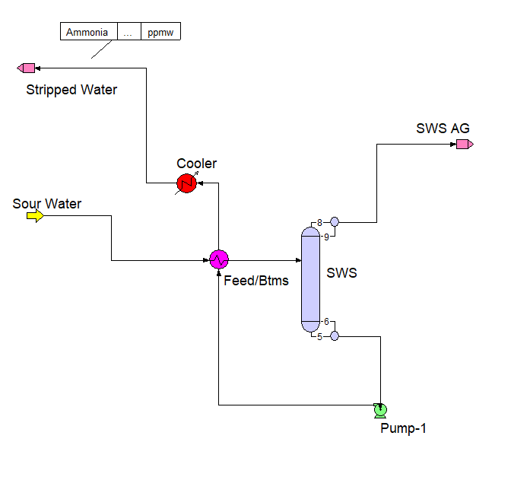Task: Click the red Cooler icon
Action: point(186,183)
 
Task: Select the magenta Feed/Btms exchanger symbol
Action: point(218,259)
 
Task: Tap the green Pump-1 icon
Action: point(380,410)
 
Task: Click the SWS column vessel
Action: point(310,279)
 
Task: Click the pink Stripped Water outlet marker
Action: point(27,68)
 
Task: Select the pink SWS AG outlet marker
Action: point(465,143)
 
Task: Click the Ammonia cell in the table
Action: point(88,32)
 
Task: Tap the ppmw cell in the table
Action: point(160,32)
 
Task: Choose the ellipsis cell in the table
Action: point(129,32)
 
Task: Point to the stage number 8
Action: point(320,222)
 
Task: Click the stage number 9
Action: point(326,237)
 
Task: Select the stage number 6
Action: point(326,322)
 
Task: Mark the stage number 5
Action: point(320,336)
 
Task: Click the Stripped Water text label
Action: point(71,90)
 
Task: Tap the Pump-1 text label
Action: point(403,428)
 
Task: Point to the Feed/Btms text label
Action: point(256,281)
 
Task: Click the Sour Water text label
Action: point(46,203)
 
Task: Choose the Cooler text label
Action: point(196,164)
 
